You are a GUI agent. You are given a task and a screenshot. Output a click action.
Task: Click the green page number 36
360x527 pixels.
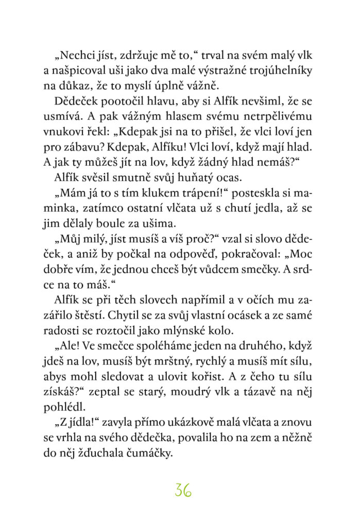point(183,490)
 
